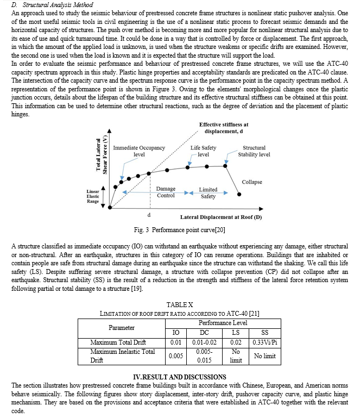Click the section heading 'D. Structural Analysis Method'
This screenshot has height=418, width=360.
pyautogui.click(x=52, y=4)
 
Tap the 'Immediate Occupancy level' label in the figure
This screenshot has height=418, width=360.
pyautogui.click(x=138, y=151)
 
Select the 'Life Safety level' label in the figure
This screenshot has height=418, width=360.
pyautogui.click(x=203, y=151)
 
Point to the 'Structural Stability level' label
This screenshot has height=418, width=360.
pyautogui.click(x=254, y=151)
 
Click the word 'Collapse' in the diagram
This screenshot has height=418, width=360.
pyautogui.click(x=251, y=182)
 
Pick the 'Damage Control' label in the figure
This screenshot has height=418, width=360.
pyautogui.click(x=166, y=192)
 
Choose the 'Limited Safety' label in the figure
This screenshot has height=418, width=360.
pyautogui.click(x=208, y=193)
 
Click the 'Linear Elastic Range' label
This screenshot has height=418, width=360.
pyautogui.click(x=93, y=196)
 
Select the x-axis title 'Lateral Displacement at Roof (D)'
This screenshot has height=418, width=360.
pyautogui.click(x=220, y=217)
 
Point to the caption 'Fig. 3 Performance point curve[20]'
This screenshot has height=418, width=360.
pyautogui.click(x=179, y=230)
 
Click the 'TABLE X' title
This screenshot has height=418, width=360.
pyautogui.click(x=180, y=304)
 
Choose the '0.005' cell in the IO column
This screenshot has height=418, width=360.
pyautogui.click(x=175, y=356)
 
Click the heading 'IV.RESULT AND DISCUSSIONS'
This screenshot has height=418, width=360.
pyautogui.click(x=179, y=376)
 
